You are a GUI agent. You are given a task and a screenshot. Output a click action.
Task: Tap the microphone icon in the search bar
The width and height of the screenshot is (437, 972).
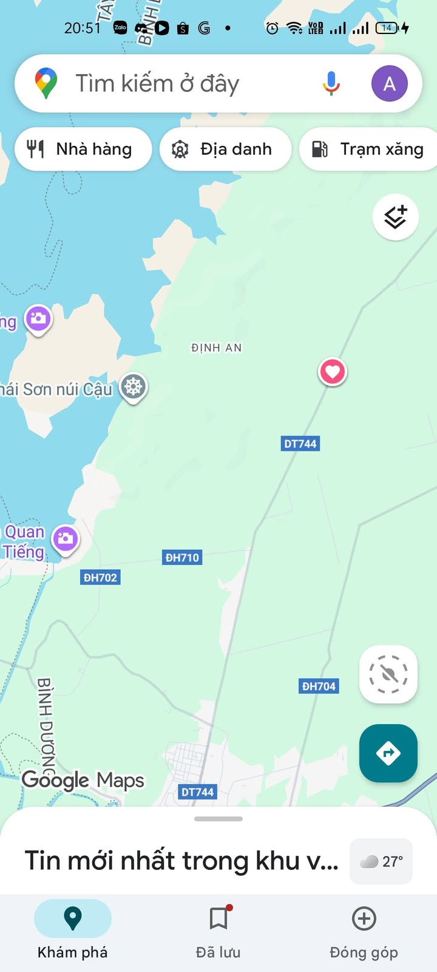click(x=331, y=83)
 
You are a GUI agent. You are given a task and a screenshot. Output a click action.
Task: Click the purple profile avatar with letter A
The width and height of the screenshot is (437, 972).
click(x=389, y=83)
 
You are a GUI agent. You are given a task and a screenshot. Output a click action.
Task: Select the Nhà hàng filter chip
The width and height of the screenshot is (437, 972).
click(x=83, y=149)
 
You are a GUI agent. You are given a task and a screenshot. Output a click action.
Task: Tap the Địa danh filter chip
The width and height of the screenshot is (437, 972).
click(x=225, y=149)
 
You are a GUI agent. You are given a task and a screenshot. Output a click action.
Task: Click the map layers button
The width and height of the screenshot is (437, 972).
click(x=395, y=217)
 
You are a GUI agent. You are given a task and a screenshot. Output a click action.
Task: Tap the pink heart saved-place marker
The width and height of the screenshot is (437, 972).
click(x=333, y=371)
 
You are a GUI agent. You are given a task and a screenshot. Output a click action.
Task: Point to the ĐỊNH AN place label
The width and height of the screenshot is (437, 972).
click(x=216, y=347)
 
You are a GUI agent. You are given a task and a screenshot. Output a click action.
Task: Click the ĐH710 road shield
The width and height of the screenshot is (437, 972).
click(x=182, y=557)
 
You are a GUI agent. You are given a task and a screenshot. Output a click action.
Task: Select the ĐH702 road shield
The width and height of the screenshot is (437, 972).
click(x=100, y=577)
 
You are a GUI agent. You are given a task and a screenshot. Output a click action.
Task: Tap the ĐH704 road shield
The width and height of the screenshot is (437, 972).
click(x=319, y=686)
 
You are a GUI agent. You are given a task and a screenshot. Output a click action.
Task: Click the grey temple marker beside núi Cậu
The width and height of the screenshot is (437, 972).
click(x=133, y=386)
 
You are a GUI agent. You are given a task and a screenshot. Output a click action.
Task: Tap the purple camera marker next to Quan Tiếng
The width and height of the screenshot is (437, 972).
click(x=66, y=538)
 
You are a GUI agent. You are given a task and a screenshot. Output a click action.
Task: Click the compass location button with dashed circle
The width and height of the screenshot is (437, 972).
click(x=388, y=674)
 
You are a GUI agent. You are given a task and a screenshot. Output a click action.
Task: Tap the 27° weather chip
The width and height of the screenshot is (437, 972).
click(x=381, y=861)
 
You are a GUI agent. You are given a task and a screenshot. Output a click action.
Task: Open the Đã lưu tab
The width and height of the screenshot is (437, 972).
click(x=218, y=929)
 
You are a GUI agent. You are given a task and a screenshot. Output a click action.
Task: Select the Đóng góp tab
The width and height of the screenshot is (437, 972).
click(x=364, y=929)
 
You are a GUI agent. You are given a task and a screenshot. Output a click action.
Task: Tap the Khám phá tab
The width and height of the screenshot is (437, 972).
click(x=73, y=929)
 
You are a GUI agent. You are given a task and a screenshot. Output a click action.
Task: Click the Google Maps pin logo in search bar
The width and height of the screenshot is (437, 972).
click(x=46, y=83)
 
